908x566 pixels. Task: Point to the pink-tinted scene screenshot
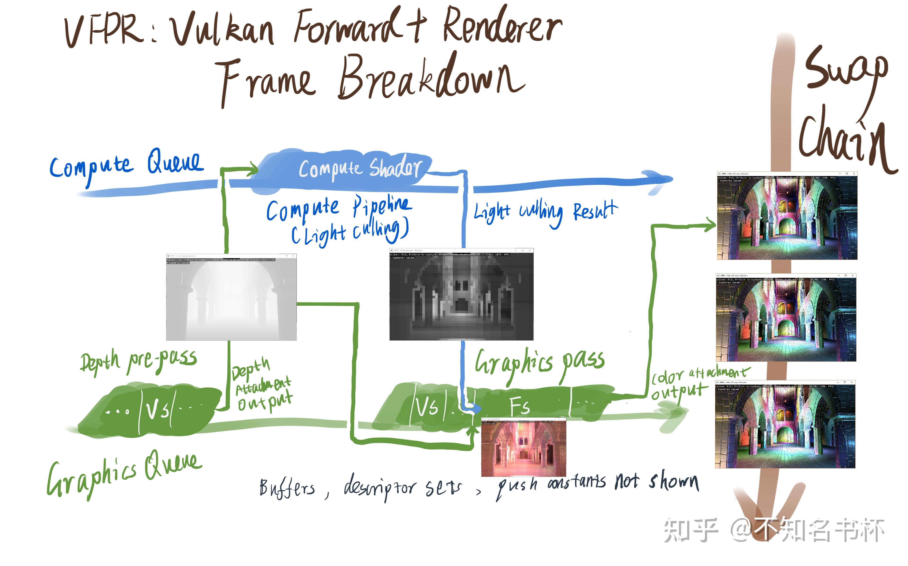click(523, 448)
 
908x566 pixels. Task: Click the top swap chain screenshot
click(787, 216)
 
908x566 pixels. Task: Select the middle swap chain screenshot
click(786, 318)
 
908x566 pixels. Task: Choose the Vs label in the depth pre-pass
click(157, 410)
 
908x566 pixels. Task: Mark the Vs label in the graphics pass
click(427, 406)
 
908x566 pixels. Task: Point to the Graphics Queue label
click(124, 474)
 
